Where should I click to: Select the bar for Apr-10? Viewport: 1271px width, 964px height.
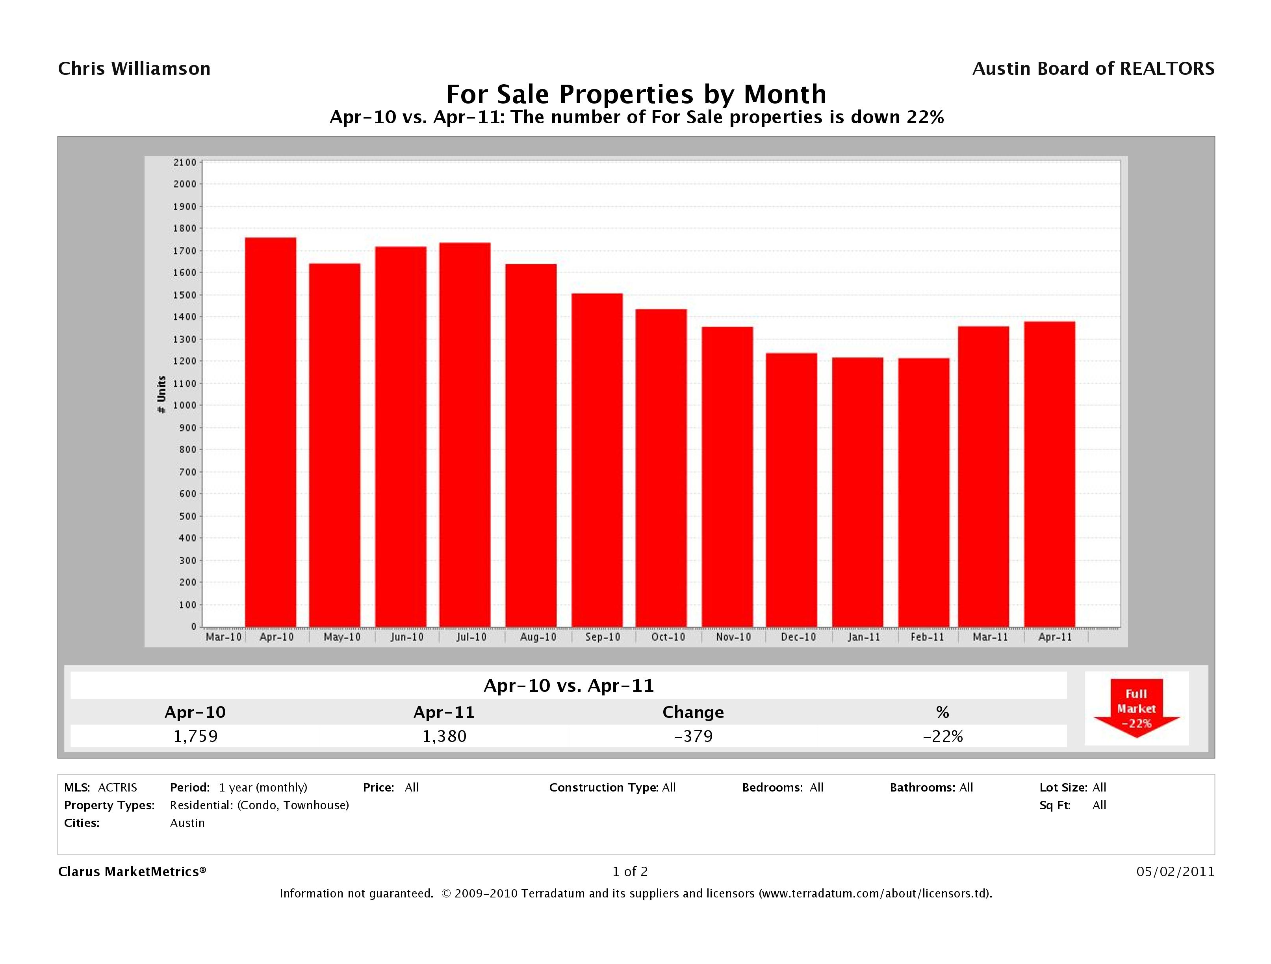pyautogui.click(x=270, y=432)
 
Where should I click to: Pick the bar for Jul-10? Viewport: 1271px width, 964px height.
pyautogui.click(x=464, y=434)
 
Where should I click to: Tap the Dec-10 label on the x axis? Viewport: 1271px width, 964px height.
pyautogui.click(x=798, y=637)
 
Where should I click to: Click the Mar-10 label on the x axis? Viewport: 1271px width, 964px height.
pyautogui.click(x=223, y=637)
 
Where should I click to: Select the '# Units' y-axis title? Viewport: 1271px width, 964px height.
pyautogui.click(x=161, y=394)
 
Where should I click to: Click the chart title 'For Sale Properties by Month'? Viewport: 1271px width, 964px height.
pyautogui.click(x=636, y=94)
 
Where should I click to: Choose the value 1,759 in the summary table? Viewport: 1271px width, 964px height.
pyautogui.click(x=195, y=736)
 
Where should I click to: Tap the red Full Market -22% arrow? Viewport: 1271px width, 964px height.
pyautogui.click(x=1136, y=708)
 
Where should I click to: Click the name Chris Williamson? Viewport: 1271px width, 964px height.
pyautogui.click(x=134, y=69)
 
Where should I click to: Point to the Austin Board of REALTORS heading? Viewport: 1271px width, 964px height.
pyautogui.click(x=1093, y=69)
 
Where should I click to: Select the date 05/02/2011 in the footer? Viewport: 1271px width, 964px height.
pyautogui.click(x=1175, y=871)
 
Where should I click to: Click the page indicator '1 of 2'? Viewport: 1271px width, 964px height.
pyautogui.click(x=630, y=871)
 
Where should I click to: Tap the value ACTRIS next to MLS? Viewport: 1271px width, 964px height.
pyautogui.click(x=117, y=788)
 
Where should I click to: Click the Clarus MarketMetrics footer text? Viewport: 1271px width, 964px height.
pyautogui.click(x=132, y=871)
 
